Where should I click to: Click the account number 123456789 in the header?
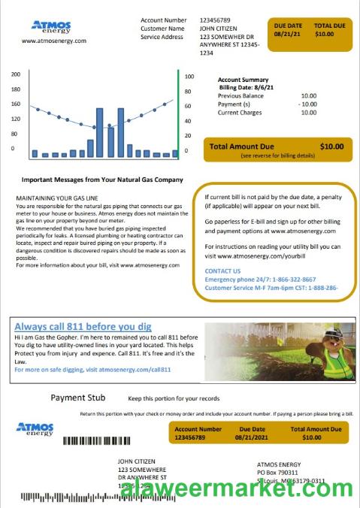pos(216,20)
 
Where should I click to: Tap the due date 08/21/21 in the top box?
pos(288,34)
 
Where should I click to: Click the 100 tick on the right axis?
pos(189,77)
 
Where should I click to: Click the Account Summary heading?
pos(243,80)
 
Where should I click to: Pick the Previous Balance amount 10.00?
pos(308,96)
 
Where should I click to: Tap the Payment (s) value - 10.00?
pos(307,104)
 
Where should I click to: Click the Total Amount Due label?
pos(241,147)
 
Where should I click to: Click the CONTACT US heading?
pos(222,271)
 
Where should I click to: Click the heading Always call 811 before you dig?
pos(83,327)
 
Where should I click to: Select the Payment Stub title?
pos(78,398)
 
